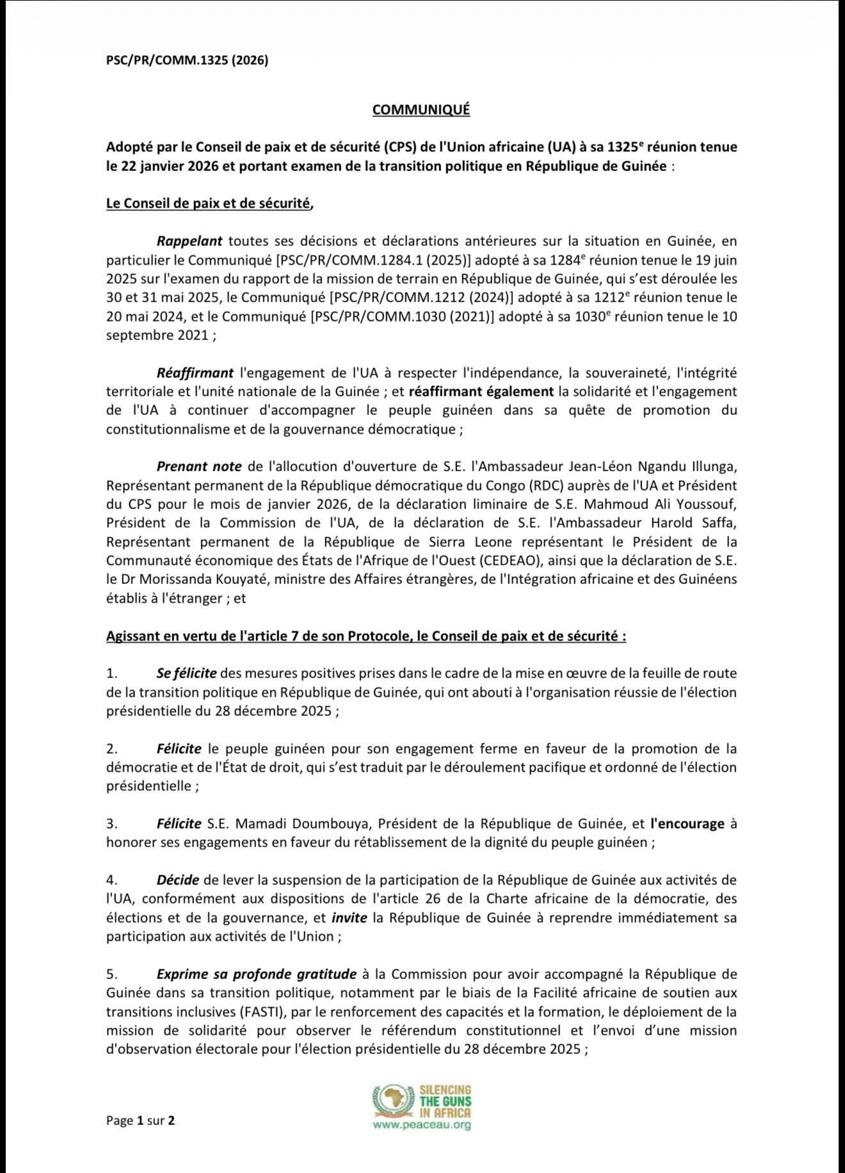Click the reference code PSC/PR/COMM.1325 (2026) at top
(x=187, y=60)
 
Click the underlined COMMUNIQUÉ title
(x=421, y=109)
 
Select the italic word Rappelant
(x=189, y=241)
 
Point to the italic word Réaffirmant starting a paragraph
(x=195, y=372)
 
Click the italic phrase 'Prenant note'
(x=199, y=466)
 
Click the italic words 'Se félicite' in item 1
(x=186, y=673)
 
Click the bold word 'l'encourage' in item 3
(x=687, y=823)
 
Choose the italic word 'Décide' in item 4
(x=177, y=880)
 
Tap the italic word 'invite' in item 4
(x=349, y=918)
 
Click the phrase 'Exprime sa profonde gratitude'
(x=256, y=974)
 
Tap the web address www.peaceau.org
(x=422, y=1124)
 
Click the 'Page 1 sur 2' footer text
(x=140, y=1120)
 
